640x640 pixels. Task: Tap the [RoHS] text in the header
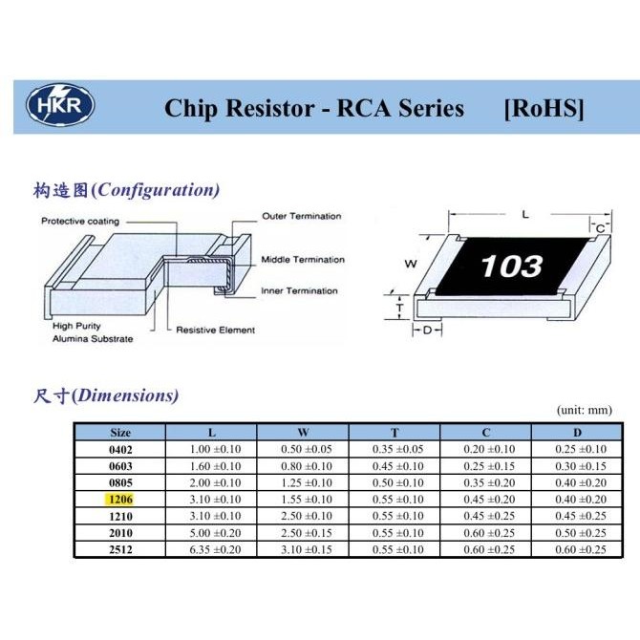click(x=543, y=108)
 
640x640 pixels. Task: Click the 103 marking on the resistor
click(x=512, y=265)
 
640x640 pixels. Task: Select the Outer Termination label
click(x=301, y=216)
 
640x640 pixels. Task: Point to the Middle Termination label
click(x=302, y=260)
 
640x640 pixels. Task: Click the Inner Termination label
click(x=299, y=290)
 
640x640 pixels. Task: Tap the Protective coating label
click(x=80, y=222)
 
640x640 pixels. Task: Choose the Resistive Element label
click(x=215, y=331)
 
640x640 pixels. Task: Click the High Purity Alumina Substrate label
click(x=93, y=332)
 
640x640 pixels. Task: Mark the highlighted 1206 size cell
click(x=120, y=500)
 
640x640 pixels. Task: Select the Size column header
click(x=120, y=432)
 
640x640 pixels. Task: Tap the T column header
click(x=395, y=432)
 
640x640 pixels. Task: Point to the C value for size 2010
click(x=488, y=533)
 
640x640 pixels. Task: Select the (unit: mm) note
click(x=583, y=410)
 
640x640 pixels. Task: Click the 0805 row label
click(x=120, y=482)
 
